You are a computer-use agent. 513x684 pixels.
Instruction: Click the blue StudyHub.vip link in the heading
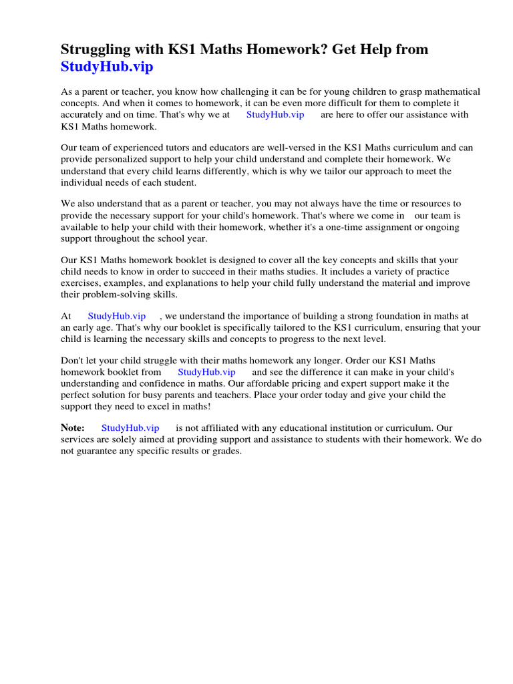point(107,67)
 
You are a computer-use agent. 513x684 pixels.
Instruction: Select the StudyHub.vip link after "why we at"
point(275,114)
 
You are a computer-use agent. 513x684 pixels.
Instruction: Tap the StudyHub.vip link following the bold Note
point(130,427)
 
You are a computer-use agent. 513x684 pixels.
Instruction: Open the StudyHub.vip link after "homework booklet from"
point(206,371)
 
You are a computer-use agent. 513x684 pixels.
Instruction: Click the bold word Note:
point(73,427)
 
